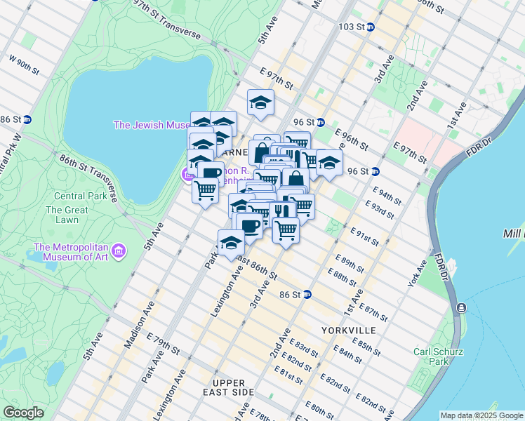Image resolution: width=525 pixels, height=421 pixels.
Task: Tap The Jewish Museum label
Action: pyautogui.click(x=151, y=125)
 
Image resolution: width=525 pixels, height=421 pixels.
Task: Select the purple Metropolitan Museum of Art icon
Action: pyautogui.click(x=119, y=250)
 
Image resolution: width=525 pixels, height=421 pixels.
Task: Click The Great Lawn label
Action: pyautogui.click(x=67, y=215)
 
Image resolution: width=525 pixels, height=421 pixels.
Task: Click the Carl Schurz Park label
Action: pyautogui.click(x=430, y=356)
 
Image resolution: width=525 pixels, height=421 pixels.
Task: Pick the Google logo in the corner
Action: pyautogui.click(x=23, y=413)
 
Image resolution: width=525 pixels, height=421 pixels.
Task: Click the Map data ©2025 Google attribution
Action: pyautogui.click(x=481, y=415)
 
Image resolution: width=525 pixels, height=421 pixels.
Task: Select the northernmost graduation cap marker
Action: pyautogui.click(x=260, y=102)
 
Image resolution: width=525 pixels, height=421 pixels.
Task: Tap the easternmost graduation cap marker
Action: pyautogui.click(x=328, y=163)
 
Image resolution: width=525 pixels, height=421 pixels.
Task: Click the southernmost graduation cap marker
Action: pyautogui.click(x=231, y=243)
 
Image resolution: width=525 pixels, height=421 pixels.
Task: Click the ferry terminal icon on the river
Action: pyautogui.click(x=462, y=308)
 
